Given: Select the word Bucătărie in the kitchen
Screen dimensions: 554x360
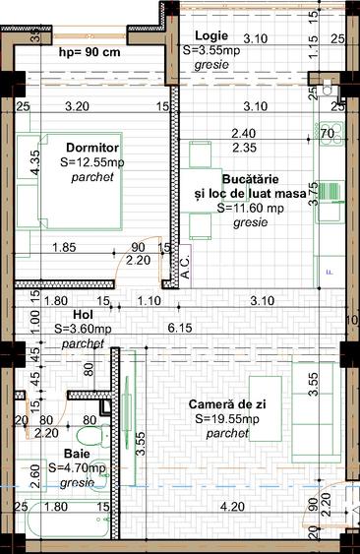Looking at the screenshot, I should tap(250, 181).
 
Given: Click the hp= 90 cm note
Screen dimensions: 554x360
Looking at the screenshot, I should tap(90, 52).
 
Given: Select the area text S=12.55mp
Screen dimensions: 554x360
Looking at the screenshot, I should tap(92, 162).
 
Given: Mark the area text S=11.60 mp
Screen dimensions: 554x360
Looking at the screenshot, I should tap(250, 209).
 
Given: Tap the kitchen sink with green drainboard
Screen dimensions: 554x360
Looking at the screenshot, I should tap(328, 191).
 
